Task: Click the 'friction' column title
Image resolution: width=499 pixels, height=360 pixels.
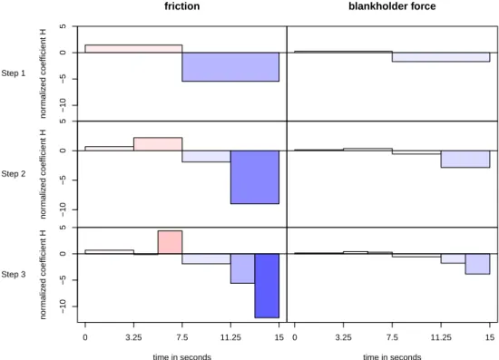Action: tap(182, 6)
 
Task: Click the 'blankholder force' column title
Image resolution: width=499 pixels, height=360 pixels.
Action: tap(392, 6)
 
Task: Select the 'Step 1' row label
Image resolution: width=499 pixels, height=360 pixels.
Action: tap(13, 73)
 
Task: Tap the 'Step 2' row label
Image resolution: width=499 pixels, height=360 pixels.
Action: tap(13, 174)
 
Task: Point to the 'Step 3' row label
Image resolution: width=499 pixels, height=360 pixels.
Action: tap(13, 274)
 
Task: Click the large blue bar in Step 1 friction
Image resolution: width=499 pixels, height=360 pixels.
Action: tap(230, 67)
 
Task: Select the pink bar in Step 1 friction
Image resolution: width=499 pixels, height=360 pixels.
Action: tap(133, 49)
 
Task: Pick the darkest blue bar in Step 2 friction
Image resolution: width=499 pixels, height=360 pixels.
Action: tap(255, 177)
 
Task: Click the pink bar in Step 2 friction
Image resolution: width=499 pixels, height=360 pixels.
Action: tap(158, 144)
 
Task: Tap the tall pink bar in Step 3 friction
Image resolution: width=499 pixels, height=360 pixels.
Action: tap(170, 242)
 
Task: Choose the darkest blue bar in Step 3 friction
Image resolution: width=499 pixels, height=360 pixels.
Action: tap(267, 286)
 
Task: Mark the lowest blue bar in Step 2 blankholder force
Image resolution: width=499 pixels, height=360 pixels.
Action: tap(465, 159)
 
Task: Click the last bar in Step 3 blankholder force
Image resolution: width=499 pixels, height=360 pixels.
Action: tap(477, 264)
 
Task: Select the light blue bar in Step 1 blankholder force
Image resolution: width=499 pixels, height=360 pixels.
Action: tap(441, 57)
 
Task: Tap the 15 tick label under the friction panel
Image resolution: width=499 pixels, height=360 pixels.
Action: tap(279, 337)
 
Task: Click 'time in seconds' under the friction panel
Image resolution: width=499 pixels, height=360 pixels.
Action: tap(182, 356)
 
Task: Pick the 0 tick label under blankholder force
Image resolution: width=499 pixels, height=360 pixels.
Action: tap(295, 337)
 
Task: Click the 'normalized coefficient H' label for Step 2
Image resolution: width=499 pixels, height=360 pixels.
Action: tap(43, 174)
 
